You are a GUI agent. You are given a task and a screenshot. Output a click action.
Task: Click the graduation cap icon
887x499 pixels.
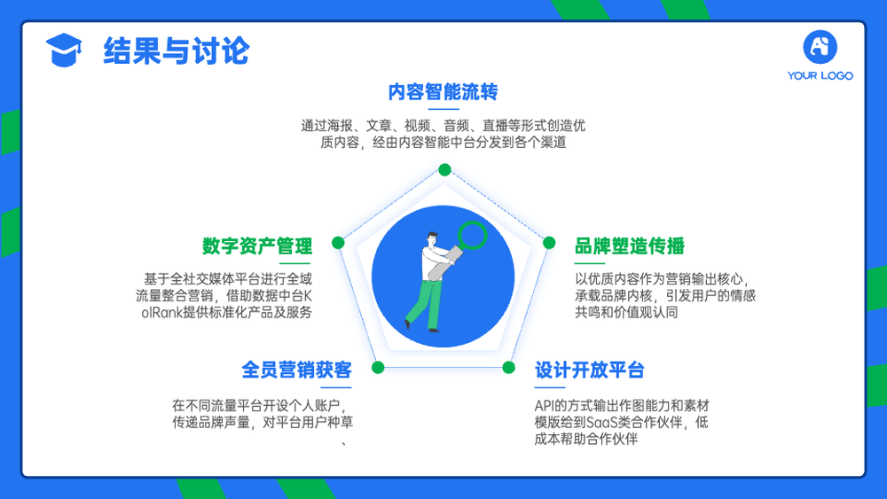pyautogui.click(x=63, y=50)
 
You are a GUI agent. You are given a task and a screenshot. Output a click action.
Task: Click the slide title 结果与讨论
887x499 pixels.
pyautogui.click(x=176, y=51)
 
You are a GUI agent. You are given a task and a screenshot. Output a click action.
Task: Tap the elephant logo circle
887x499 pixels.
pyautogui.click(x=820, y=47)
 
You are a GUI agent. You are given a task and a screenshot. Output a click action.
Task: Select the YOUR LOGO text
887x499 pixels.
pyautogui.click(x=820, y=75)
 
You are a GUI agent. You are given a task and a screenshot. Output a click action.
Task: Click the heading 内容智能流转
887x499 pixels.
pyautogui.click(x=443, y=91)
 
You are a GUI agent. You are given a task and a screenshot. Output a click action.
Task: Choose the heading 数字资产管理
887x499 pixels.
pyautogui.click(x=257, y=246)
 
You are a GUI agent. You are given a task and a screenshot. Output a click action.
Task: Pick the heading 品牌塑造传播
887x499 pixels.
pyautogui.click(x=630, y=246)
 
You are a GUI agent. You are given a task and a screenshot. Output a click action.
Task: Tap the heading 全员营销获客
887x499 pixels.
pyautogui.click(x=296, y=370)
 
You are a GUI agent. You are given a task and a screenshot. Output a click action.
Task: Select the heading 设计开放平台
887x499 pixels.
pyautogui.click(x=590, y=370)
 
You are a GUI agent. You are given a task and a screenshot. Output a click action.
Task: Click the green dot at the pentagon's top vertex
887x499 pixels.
pyautogui.click(x=444, y=169)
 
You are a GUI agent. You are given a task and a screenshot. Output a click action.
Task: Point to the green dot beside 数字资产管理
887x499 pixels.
pyautogui.click(x=338, y=243)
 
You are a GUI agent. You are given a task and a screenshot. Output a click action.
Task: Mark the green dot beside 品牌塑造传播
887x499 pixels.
pyautogui.click(x=549, y=243)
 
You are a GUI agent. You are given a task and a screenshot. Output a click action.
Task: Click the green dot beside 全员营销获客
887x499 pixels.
pyautogui.click(x=379, y=368)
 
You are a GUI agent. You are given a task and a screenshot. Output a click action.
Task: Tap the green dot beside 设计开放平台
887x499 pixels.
pyautogui.click(x=508, y=368)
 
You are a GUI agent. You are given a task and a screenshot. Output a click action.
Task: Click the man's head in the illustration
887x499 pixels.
pyautogui.click(x=432, y=239)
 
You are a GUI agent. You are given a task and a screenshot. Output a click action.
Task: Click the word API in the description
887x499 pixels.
pyautogui.click(x=543, y=406)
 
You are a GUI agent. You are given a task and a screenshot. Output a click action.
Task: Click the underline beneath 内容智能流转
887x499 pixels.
pyautogui.click(x=443, y=109)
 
